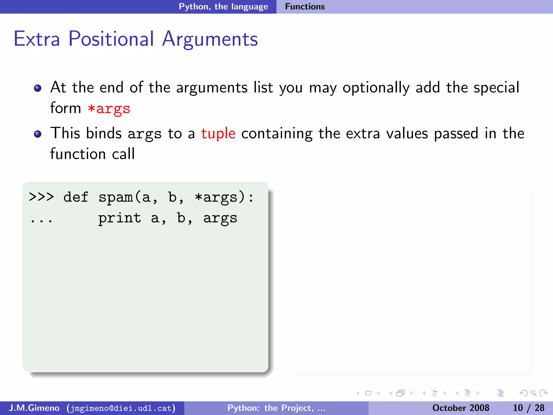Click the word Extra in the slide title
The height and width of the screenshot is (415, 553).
pos(37,39)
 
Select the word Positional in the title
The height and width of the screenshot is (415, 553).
pos(111,39)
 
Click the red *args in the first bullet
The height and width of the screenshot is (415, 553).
pos(109,109)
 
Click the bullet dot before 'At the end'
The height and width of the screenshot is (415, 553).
pos(38,88)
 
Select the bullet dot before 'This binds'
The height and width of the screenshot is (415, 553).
pos(38,134)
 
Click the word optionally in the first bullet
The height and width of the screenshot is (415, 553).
pos(376,88)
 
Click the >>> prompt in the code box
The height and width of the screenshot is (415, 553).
pos(41,197)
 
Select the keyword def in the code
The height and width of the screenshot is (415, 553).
pos(76,197)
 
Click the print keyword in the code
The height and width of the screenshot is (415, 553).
pos(119,218)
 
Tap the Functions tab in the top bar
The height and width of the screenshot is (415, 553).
pos(305,6)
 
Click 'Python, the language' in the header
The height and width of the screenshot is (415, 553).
pos(223,6)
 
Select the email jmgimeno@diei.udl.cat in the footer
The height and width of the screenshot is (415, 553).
pos(121,408)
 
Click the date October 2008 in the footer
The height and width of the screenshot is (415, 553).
pos(461,408)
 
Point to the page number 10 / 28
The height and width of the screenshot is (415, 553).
pos(528,408)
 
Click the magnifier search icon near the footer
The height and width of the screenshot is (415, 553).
pos(533,393)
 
